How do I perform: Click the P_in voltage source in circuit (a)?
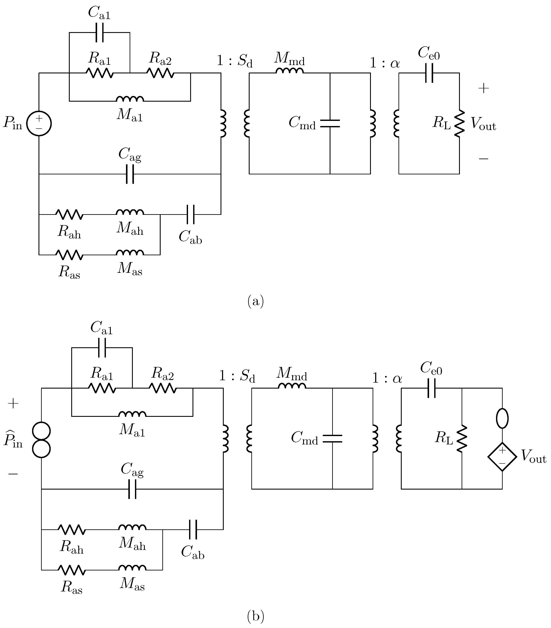39,123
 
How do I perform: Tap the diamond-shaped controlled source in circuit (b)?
502,456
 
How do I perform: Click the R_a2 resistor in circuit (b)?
163,388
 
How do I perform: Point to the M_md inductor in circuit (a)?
290,71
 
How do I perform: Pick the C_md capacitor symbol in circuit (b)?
332,438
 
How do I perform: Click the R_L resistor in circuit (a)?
459,123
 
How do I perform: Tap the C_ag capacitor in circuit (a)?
130,174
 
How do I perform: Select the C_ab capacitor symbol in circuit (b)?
193,529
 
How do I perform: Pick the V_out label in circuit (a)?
483,124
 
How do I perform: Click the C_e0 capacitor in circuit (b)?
431,388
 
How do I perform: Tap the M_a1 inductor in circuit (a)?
130,99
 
